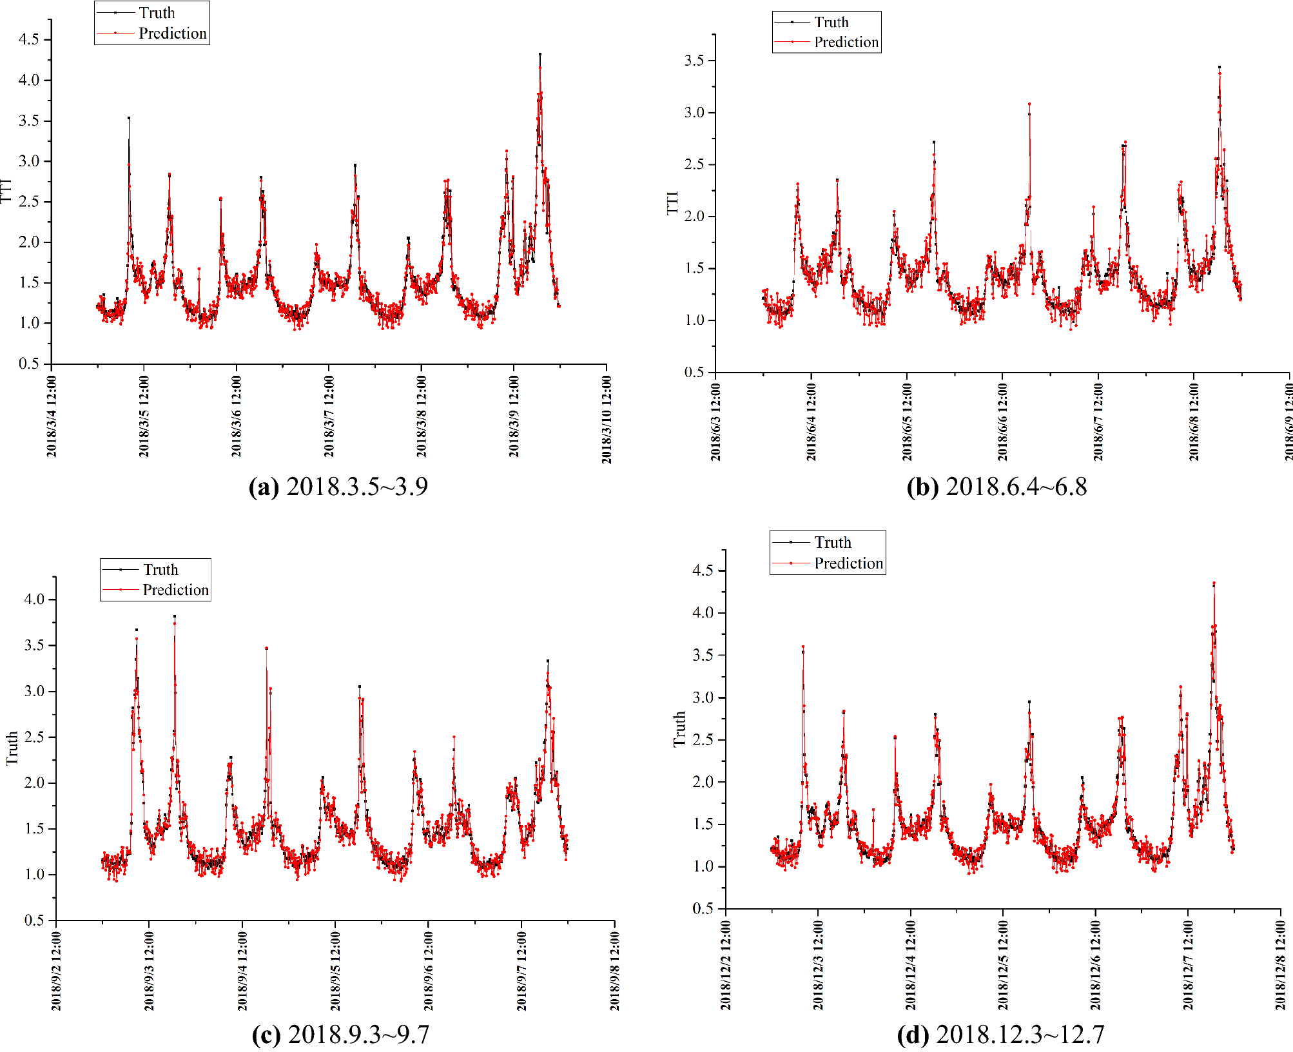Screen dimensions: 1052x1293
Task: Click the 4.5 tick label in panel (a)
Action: coord(29,39)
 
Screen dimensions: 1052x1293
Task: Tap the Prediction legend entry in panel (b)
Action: coord(846,42)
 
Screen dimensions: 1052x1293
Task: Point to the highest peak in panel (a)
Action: coord(540,55)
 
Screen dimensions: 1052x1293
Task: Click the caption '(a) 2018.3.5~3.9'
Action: coord(338,486)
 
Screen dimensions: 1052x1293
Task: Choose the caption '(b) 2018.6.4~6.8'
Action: coord(996,487)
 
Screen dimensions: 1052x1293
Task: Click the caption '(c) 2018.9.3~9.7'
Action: coord(340,1034)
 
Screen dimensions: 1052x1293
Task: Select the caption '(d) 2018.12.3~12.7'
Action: coord(1000,1034)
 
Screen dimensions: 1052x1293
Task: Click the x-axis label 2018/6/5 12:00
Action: coord(907,422)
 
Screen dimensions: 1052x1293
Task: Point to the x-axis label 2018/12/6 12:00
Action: coord(1095,965)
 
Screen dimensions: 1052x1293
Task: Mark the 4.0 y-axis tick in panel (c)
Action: coord(34,599)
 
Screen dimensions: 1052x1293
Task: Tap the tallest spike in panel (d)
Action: coord(1214,584)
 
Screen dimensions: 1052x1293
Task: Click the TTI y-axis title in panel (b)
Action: coord(672,202)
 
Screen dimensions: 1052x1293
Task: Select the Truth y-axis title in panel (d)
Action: coord(679,729)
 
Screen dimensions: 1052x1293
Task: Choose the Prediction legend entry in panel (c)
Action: coord(175,590)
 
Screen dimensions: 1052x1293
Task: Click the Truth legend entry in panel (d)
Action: coord(832,542)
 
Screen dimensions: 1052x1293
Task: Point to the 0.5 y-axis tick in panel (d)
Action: coord(703,908)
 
